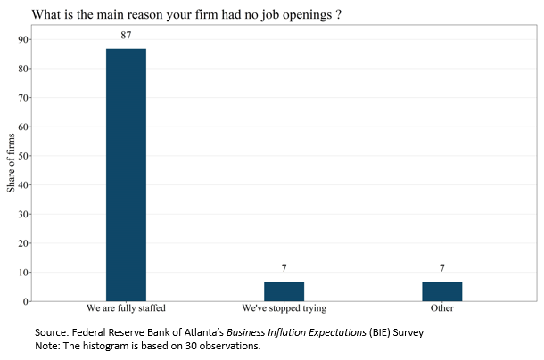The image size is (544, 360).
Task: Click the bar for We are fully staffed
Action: pyautogui.click(x=126, y=175)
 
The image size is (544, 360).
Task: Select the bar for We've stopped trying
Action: pyautogui.click(x=284, y=291)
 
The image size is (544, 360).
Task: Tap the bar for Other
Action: pyautogui.click(x=441, y=291)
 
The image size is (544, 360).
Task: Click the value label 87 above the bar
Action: pyautogui.click(x=126, y=35)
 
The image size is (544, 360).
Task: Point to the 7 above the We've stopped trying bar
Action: pyautogui.click(x=284, y=267)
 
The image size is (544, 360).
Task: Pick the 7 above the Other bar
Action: pyautogui.click(x=441, y=267)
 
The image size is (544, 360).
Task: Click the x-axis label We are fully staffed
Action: pyautogui.click(x=126, y=308)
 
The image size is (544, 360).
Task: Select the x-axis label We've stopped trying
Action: pyautogui.click(x=284, y=308)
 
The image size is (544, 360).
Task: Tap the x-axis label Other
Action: pyautogui.click(x=441, y=308)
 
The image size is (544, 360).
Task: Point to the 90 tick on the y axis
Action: pyautogui.click(x=24, y=39)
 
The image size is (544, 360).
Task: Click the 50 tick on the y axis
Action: pyautogui.click(x=24, y=156)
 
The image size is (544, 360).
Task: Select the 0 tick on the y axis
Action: pyautogui.click(x=27, y=301)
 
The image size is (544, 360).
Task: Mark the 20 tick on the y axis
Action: pyautogui.click(x=24, y=243)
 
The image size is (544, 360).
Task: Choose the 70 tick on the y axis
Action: pyautogui.click(x=24, y=98)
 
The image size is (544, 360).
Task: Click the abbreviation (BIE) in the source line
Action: pyautogui.click(x=365, y=332)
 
